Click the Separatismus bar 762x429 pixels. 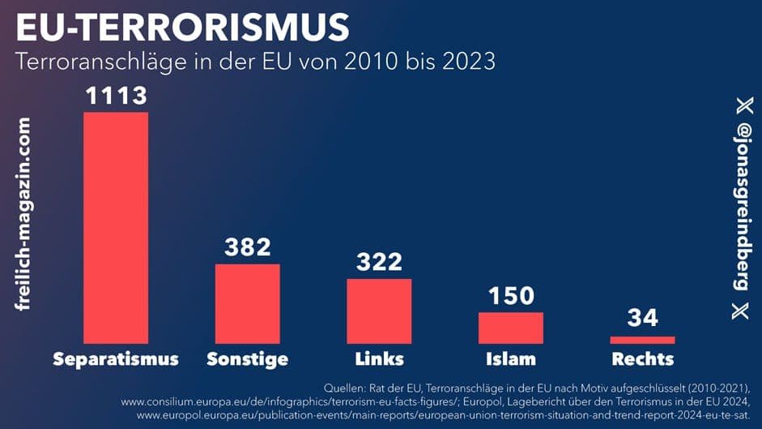tap(116, 227)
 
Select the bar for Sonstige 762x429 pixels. tap(247, 303)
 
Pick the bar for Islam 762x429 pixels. tap(510, 328)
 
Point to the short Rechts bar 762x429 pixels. tap(642, 340)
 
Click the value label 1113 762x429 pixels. tap(117, 96)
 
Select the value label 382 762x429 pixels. tap(247, 247)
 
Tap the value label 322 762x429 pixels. tap(379, 261)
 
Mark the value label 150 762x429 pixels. tap(510, 296)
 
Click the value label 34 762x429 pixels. tap(642, 319)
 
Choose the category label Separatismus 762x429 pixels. tap(116, 359)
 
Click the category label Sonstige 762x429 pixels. tap(247, 359)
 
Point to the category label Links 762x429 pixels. tap(379, 359)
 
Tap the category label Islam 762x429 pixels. tap(510, 359)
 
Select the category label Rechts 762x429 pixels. tap(642, 359)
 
